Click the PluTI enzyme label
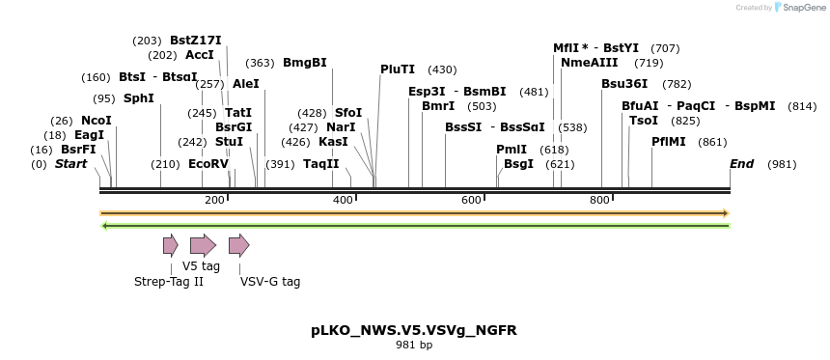pos(398,69)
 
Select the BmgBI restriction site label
pos(304,63)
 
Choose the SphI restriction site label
pos(139,98)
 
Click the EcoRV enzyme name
pos(208,164)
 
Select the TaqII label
pos(320,164)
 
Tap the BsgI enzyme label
pos(518,164)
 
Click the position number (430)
pos(442,69)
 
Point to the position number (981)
pos(782,164)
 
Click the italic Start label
pos(70,164)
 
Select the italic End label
pos(741,164)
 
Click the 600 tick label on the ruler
pos(471,200)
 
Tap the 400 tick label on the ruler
pos(343,200)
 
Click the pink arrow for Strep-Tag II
pos(171,245)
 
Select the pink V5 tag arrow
pos(203,245)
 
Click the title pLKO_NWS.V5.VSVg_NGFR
pos(414,330)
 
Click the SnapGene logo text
pos(799,8)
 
